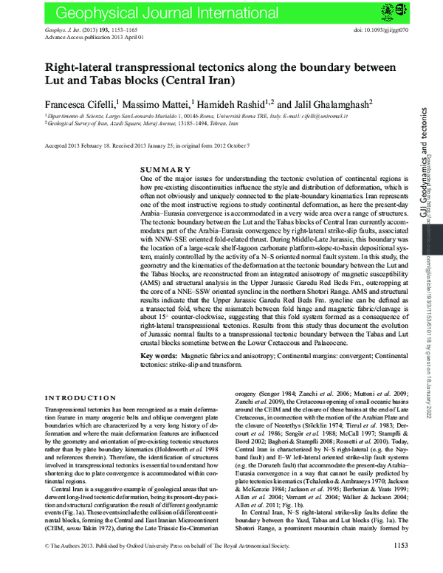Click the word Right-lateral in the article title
pyautogui.click(x=83, y=66)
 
